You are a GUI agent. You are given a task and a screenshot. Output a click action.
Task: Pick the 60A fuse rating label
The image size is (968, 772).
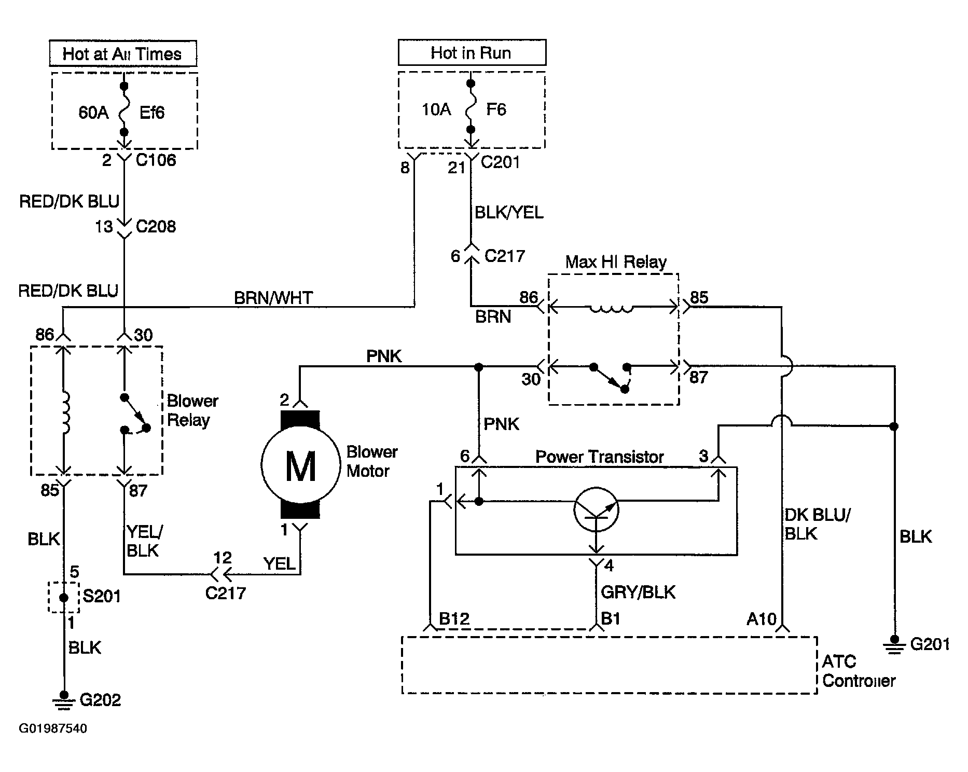tap(93, 113)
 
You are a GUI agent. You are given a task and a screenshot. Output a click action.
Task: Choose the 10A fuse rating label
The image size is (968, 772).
tap(436, 109)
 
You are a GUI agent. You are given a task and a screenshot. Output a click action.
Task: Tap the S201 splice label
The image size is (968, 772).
tap(102, 596)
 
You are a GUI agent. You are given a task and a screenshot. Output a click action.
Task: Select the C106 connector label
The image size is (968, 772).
tap(156, 160)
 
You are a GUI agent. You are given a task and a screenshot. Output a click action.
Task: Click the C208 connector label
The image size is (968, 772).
tap(156, 226)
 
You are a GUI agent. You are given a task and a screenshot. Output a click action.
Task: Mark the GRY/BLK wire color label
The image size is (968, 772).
tap(638, 591)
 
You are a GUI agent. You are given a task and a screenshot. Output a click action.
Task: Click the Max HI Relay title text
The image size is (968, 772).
tap(616, 262)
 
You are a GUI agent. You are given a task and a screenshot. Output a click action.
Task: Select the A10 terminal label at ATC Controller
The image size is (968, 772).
tap(761, 618)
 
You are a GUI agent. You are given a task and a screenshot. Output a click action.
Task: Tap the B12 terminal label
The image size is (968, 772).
tap(454, 618)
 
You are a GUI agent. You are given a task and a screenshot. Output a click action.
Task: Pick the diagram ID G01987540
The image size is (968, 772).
tap(53, 728)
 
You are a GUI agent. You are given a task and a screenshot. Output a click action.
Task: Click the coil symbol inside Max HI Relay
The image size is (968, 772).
tap(612, 309)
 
